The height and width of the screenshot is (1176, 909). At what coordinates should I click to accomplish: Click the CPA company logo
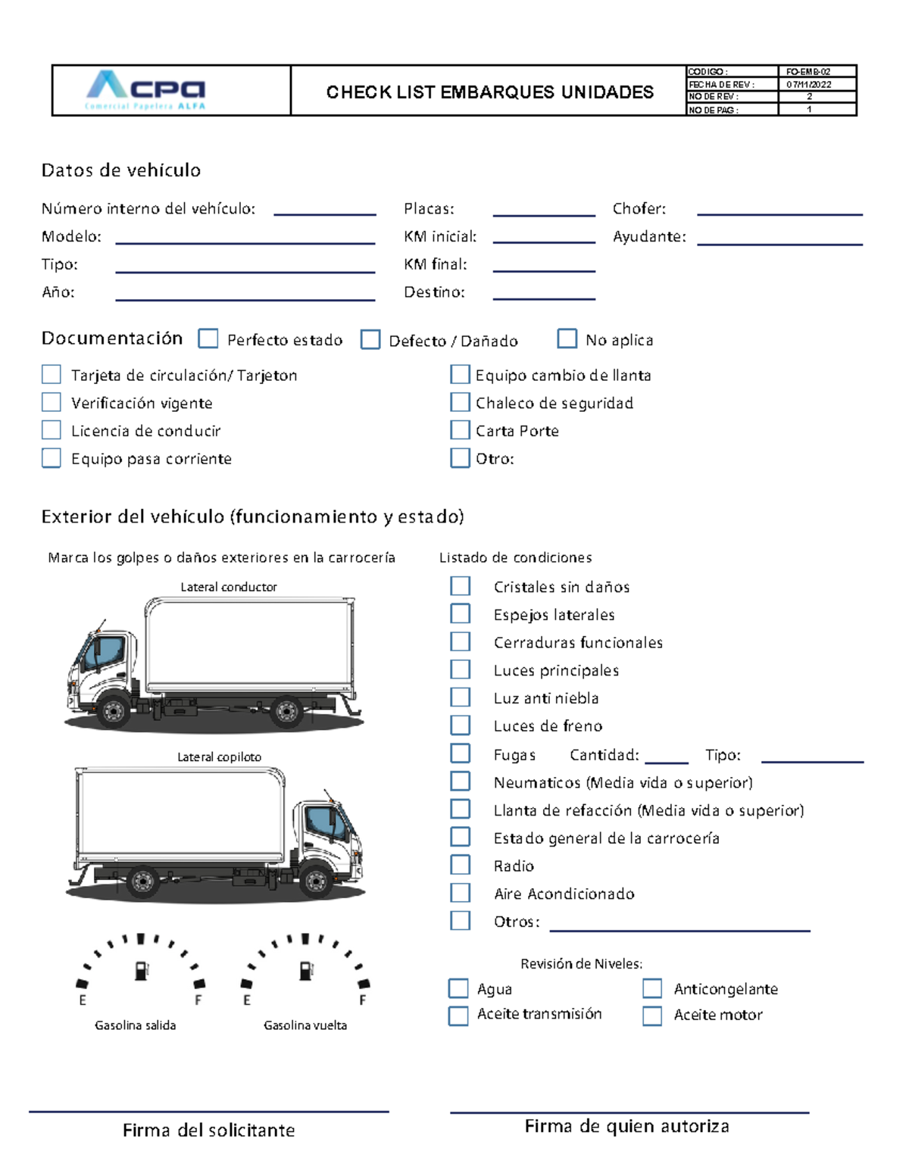click(146, 90)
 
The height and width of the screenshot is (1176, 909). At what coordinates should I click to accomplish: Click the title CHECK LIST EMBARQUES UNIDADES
click(489, 92)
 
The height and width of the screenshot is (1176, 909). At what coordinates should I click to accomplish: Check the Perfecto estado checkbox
click(208, 338)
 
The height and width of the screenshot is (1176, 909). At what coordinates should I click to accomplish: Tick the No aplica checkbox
click(567, 338)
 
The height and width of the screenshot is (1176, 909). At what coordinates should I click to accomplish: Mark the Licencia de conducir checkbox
click(52, 430)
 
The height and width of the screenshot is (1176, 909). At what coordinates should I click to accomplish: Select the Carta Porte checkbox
click(460, 430)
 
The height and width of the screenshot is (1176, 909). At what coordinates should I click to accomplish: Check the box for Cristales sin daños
click(460, 586)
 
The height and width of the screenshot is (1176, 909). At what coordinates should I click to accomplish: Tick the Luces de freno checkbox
click(460, 725)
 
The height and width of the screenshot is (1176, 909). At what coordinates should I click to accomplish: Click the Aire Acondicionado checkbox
click(460, 893)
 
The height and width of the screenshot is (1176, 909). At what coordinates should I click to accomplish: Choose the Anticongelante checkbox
click(652, 988)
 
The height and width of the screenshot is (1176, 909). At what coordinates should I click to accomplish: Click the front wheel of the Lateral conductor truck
click(114, 711)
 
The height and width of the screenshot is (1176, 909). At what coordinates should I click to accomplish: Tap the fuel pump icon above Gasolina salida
click(142, 970)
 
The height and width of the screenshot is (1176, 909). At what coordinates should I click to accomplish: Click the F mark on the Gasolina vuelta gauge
click(363, 1000)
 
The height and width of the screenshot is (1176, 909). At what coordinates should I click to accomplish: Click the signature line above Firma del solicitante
click(209, 1112)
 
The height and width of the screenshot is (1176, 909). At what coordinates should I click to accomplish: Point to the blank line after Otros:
click(679, 929)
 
